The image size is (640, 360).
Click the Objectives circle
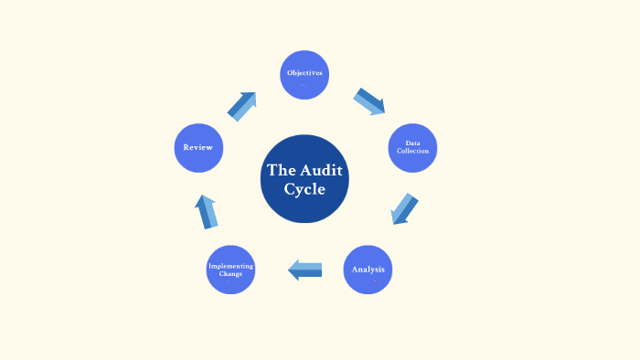click(x=304, y=75)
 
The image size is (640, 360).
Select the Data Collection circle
click(x=412, y=148)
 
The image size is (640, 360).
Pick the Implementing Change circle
click(x=230, y=270)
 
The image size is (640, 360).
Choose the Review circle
click(x=198, y=148)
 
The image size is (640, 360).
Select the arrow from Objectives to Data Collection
click(x=369, y=101)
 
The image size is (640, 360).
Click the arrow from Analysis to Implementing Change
click(x=305, y=270)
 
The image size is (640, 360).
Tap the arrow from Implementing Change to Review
click(x=207, y=212)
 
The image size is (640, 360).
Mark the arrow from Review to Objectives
click(x=242, y=106)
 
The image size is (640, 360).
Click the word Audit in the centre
click(x=321, y=170)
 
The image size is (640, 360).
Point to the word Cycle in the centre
click(x=304, y=189)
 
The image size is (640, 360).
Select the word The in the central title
click(x=279, y=170)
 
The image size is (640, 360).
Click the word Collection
click(x=412, y=151)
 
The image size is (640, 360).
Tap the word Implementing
click(x=230, y=266)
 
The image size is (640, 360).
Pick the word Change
click(x=230, y=274)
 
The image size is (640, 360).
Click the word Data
click(x=412, y=143)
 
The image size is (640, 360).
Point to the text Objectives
click(x=304, y=72)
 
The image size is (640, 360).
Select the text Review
click(x=197, y=147)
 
